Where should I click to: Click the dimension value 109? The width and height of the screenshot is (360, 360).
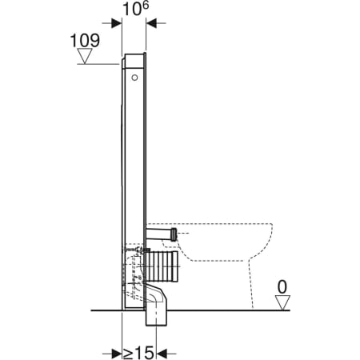click(x=85, y=41)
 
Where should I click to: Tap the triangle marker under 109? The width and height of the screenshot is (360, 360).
click(x=85, y=56)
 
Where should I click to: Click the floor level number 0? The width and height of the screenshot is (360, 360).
click(x=282, y=287)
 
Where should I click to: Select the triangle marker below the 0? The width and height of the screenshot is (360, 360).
click(x=282, y=302)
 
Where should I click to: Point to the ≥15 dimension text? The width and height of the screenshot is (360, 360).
click(x=138, y=353)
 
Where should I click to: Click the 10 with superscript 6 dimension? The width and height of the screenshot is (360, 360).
click(x=135, y=9)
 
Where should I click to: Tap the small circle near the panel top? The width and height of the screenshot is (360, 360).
click(x=134, y=78)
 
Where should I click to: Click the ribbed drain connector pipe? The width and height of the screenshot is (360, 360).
click(x=161, y=265)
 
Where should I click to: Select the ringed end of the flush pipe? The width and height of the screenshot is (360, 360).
click(x=174, y=234)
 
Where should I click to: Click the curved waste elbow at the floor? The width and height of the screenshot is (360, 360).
click(x=156, y=296)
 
